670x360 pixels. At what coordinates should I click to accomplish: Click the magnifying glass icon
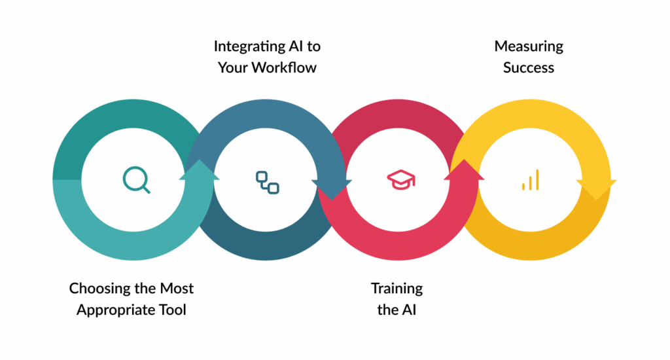tap(136, 179)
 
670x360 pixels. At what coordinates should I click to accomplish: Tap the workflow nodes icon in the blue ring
tap(267, 182)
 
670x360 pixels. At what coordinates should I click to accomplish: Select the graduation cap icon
tap(400, 179)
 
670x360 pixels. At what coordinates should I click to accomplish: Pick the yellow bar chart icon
tap(530, 180)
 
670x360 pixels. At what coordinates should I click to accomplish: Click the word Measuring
tap(529, 46)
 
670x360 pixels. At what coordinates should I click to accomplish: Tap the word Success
tap(529, 67)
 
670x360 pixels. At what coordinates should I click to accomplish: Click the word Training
tap(397, 288)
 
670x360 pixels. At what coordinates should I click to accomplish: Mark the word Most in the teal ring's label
tap(177, 288)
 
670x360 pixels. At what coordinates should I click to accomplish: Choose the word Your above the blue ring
tap(233, 67)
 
